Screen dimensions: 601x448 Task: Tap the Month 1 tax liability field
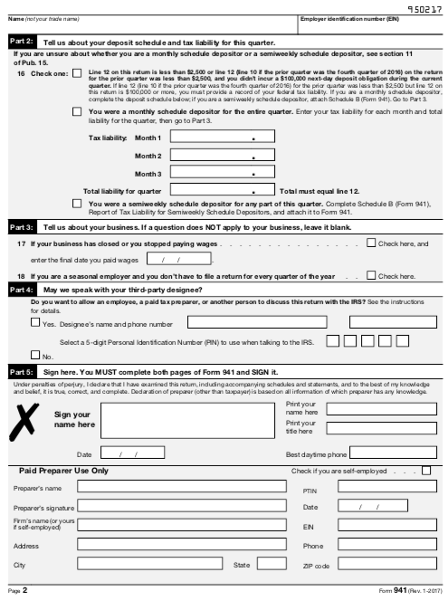click(x=222, y=137)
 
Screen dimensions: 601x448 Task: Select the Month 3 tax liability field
click(x=222, y=173)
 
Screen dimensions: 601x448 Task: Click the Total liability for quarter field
click(x=222, y=192)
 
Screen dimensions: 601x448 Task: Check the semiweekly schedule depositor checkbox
click(x=77, y=205)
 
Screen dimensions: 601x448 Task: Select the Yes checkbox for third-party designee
click(x=35, y=321)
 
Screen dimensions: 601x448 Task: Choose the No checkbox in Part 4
click(x=35, y=354)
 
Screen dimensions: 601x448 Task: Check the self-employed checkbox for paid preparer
click(x=426, y=471)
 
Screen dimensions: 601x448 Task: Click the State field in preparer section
click(x=269, y=565)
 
